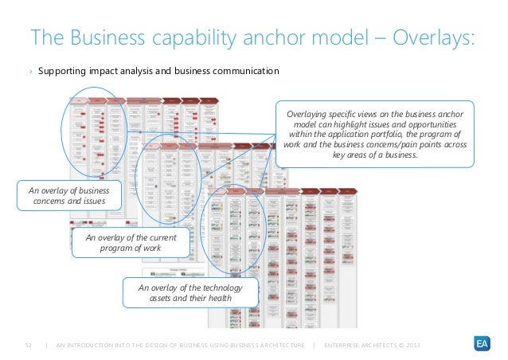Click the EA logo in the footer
(480, 343)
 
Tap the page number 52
(26, 344)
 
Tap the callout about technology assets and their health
(190, 292)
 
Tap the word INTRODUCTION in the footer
(102, 344)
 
